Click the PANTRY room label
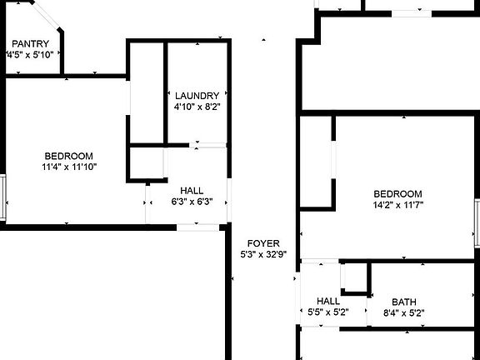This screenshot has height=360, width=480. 30,43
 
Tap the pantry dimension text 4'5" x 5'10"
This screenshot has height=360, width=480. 30,55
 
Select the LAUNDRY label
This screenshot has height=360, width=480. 197,96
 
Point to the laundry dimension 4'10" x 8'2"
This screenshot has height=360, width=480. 197,107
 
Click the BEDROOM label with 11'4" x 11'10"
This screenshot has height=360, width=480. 69,156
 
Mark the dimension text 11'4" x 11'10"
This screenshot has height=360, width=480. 69,167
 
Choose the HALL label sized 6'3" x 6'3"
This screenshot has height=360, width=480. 192,191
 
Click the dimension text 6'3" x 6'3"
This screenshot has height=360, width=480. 192,202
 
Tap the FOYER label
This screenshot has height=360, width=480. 263,243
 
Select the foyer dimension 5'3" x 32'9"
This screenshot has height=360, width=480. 263,254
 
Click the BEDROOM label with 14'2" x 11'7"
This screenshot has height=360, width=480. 398,194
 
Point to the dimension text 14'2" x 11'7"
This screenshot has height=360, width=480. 398,205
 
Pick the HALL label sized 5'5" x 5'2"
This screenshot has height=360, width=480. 328,301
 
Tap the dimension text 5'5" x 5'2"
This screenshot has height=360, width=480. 328,312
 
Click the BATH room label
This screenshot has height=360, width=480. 404,302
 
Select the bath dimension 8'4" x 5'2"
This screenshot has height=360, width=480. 404,313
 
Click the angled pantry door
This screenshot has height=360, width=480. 45,15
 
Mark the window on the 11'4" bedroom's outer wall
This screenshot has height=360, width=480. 2,197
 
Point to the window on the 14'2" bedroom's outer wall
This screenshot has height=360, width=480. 477,222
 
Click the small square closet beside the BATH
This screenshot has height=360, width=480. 355,277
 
